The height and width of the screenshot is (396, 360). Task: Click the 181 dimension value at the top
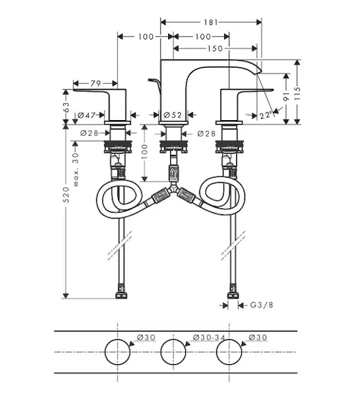click(210, 22)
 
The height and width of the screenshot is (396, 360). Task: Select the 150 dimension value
click(215, 48)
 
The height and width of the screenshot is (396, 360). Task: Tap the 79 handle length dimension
click(96, 83)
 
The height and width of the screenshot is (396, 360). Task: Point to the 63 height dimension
click(66, 107)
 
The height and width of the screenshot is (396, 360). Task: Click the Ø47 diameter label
click(86, 115)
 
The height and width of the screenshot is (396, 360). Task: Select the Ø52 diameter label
click(173, 115)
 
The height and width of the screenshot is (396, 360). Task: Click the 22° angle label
click(266, 115)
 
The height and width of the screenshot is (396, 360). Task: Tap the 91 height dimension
click(286, 96)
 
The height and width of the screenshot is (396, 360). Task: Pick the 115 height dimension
click(297, 93)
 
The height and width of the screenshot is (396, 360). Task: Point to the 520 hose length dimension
click(66, 195)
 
